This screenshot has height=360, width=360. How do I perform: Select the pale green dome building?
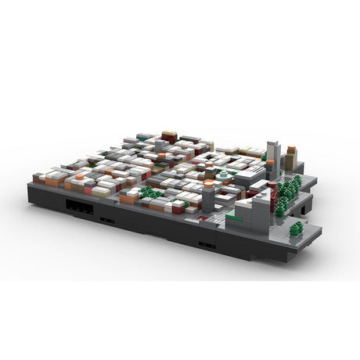225,175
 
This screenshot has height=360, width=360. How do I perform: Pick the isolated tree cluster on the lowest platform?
296,229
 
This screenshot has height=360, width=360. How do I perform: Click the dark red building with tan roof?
169,137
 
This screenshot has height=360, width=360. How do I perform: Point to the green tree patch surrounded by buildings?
149,192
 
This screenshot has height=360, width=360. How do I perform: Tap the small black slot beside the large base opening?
108,221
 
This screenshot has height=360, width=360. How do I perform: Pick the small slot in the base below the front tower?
207,245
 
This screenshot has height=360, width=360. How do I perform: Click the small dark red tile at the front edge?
178,207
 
